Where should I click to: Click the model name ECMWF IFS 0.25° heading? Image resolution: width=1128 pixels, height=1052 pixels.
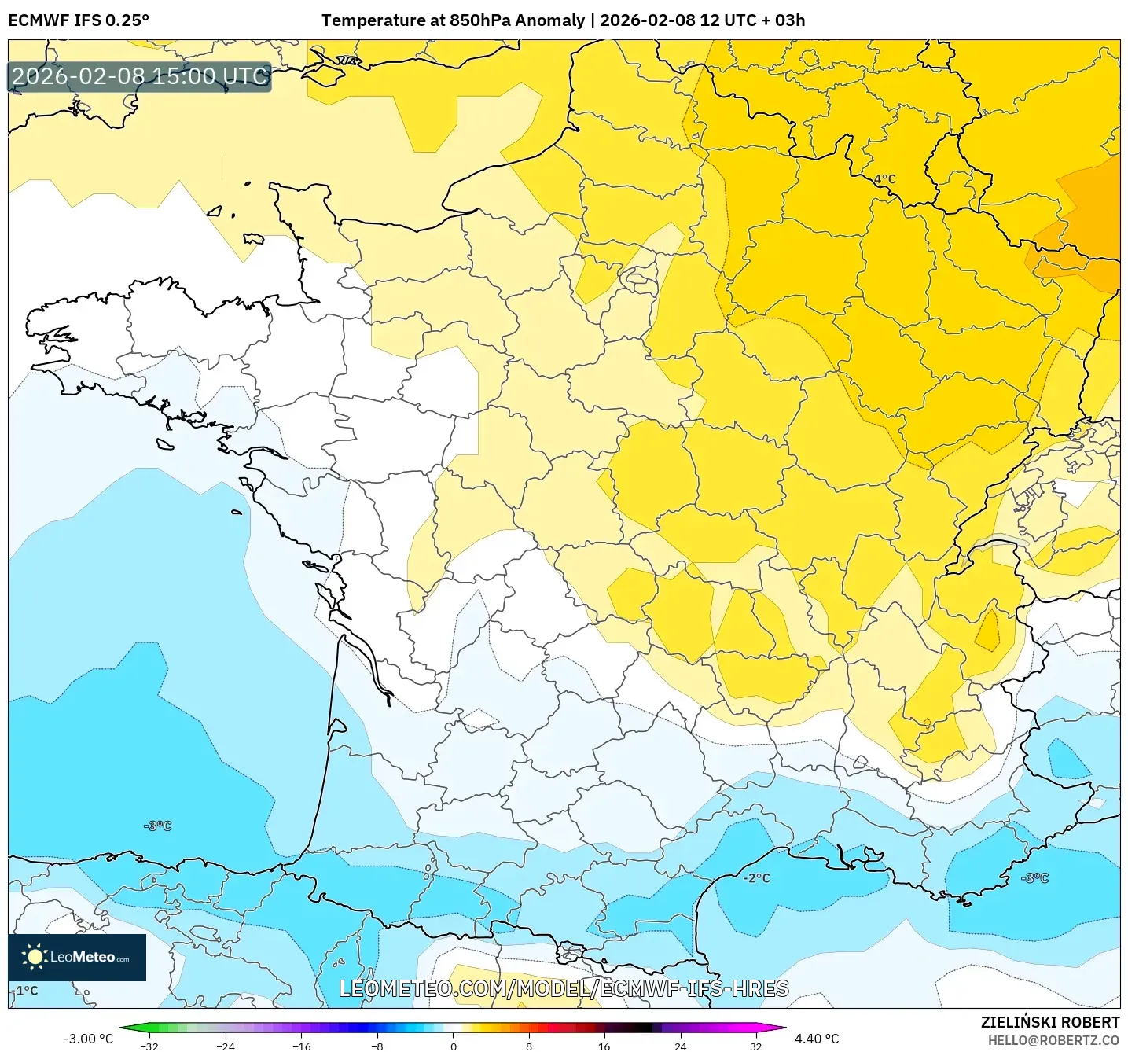click(x=79, y=20)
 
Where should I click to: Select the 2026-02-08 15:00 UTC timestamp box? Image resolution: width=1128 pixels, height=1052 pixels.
click(x=140, y=77)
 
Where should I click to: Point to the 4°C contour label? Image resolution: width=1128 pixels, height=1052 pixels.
click(x=884, y=179)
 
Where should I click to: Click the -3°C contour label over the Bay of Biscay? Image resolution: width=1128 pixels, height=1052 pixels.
click(x=157, y=826)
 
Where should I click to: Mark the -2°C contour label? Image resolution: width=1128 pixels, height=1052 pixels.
click(x=756, y=878)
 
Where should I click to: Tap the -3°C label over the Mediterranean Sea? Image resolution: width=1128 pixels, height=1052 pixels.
click(x=1034, y=878)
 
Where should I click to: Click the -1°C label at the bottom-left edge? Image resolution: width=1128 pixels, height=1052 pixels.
click(x=25, y=991)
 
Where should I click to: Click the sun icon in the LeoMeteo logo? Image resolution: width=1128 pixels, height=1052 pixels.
click(x=35, y=957)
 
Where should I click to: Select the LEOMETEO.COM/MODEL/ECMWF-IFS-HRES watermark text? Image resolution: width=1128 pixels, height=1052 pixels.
click(x=564, y=989)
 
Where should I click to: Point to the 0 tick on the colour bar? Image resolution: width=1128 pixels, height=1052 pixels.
click(x=453, y=1046)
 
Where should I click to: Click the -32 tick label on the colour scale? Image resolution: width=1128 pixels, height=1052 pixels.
click(x=149, y=1046)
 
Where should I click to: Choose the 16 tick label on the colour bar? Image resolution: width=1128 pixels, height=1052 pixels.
click(x=604, y=1046)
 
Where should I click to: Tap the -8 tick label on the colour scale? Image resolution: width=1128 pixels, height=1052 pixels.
click(x=377, y=1046)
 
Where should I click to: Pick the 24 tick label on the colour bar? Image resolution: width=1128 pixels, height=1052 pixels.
click(x=680, y=1046)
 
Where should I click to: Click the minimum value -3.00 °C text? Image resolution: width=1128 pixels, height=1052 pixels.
click(x=88, y=1039)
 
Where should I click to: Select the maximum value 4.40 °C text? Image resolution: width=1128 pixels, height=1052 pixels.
click(x=817, y=1039)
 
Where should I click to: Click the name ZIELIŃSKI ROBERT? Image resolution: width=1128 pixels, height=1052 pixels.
click(x=1049, y=1022)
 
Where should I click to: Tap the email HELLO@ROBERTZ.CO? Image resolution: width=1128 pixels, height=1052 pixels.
click(x=1053, y=1040)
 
